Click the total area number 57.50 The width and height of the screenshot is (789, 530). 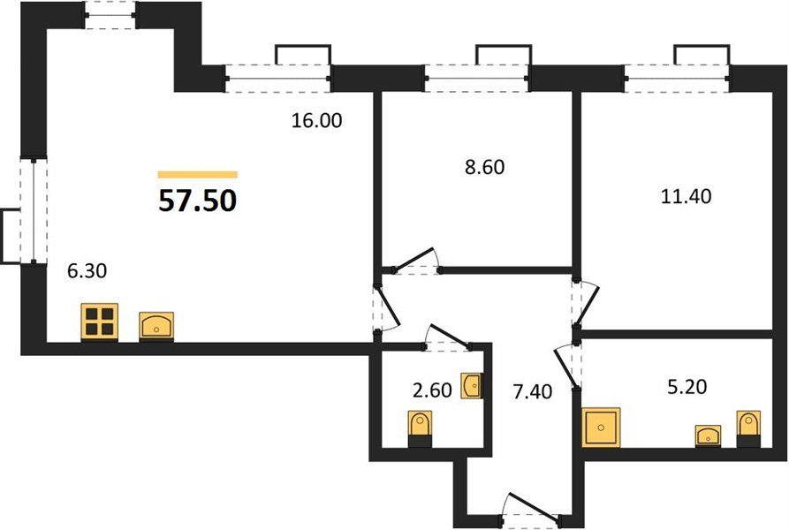pyautogui.click(x=197, y=201)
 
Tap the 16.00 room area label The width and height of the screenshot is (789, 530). pyautogui.click(x=317, y=121)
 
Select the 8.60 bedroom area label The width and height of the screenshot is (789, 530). pyautogui.click(x=484, y=167)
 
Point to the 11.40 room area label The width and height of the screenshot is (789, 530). pyautogui.click(x=686, y=196)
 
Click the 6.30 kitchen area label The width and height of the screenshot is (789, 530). pyautogui.click(x=87, y=271)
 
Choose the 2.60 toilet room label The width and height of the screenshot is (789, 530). pyautogui.click(x=432, y=390)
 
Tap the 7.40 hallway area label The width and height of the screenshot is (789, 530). pyautogui.click(x=533, y=391)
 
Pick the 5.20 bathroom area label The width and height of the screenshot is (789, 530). pyautogui.click(x=687, y=387)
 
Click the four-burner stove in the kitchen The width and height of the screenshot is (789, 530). pyautogui.click(x=99, y=322)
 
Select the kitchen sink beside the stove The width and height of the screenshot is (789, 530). pyautogui.click(x=156, y=327)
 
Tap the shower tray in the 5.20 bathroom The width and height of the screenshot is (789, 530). pyautogui.click(x=601, y=427)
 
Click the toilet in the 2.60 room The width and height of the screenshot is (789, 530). pyautogui.click(x=420, y=429)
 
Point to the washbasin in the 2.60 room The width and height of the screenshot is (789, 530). pyautogui.click(x=472, y=386)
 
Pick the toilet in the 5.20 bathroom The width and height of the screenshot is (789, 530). pyautogui.click(x=748, y=428)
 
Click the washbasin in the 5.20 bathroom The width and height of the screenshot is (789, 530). pyautogui.click(x=708, y=435)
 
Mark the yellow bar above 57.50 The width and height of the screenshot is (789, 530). pyautogui.click(x=197, y=175)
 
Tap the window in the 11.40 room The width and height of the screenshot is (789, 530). pyautogui.click(x=677, y=78)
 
